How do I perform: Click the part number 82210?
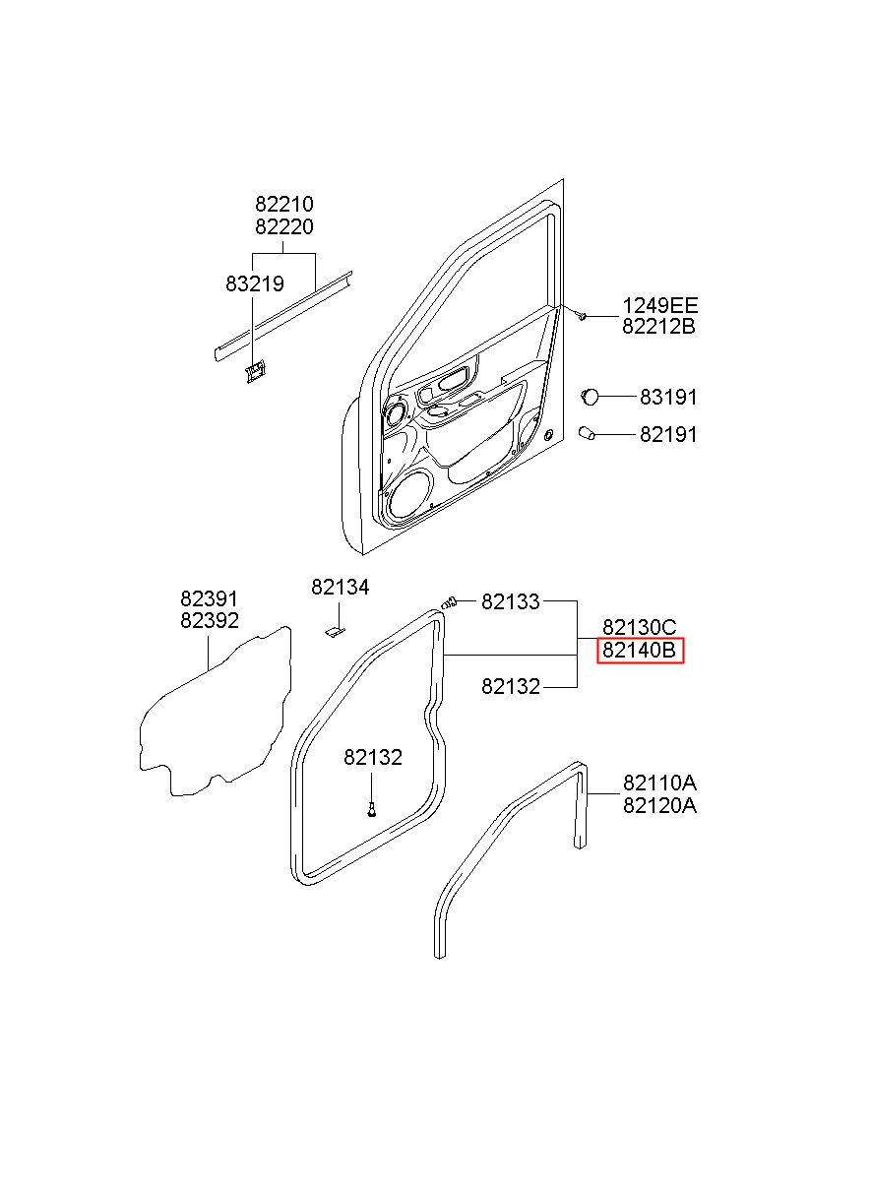(284, 205)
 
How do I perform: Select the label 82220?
(284, 226)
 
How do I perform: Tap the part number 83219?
(254, 283)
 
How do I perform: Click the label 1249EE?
(658, 305)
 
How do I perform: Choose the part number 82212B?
(658, 327)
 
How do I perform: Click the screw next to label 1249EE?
(582, 316)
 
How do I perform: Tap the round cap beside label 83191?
(591, 396)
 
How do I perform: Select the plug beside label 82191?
(589, 433)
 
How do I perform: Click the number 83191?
(668, 397)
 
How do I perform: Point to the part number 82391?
(209, 598)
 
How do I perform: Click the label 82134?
(340, 587)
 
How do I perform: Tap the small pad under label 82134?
(335, 628)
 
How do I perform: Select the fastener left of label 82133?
(451, 601)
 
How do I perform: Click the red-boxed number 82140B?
(640, 650)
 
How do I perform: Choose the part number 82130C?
(640, 628)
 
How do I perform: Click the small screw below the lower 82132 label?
(371, 809)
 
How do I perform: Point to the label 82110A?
(658, 784)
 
